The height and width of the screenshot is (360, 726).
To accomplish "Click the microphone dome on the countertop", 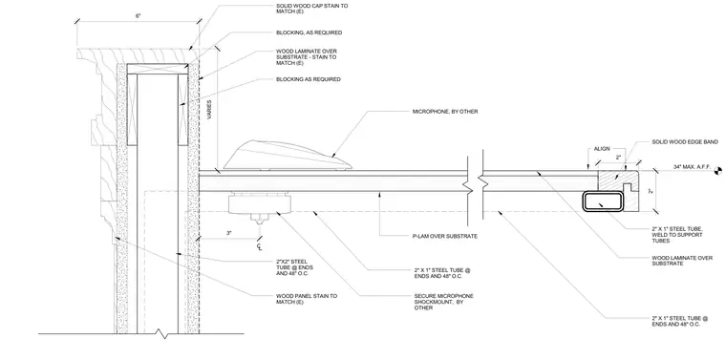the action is pos(288,156).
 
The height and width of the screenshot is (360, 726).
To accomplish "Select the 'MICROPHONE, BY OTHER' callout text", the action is pos(445,112).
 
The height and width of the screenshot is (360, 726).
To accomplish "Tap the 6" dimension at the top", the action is pos(138,15).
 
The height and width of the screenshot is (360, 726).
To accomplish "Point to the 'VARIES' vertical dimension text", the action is pos(209,110).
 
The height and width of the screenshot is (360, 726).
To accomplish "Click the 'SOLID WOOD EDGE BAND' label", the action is pos(685,142).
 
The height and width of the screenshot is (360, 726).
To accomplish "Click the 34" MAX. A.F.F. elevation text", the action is pos(692,166).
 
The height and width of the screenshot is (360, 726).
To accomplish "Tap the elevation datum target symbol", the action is pos(718,170).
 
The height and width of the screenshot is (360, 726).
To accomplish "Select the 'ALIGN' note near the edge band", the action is pos(602,149).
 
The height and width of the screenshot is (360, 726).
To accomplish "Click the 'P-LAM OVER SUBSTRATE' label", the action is pos(444,237).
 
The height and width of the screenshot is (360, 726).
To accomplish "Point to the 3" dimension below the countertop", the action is pos(228,233).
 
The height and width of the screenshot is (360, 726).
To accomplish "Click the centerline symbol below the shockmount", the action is pos(259,247).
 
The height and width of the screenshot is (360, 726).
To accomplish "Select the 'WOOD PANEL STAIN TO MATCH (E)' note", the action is pos(307,299).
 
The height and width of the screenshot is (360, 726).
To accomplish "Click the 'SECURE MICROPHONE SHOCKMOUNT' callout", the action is pos(443,302).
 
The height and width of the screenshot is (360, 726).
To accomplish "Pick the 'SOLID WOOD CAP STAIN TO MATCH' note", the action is pos(311,9).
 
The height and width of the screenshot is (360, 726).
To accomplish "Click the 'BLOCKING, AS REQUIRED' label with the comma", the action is pos(309,32).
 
